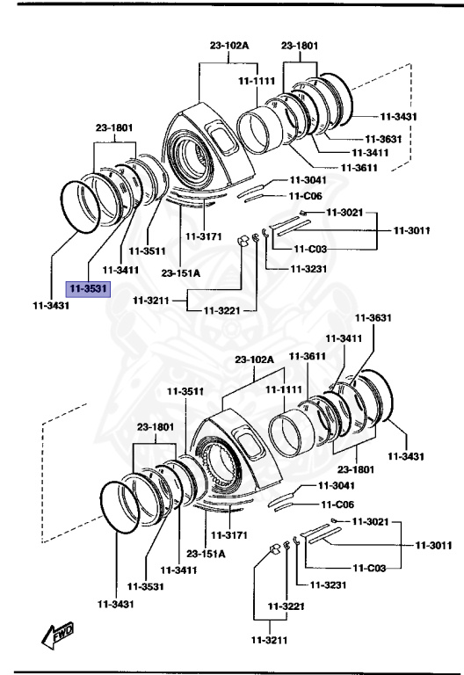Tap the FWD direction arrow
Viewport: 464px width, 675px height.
click(58, 630)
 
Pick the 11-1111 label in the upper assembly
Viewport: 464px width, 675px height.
click(257, 81)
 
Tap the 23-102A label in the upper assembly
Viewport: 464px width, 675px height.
click(229, 46)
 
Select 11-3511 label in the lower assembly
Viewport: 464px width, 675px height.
click(187, 390)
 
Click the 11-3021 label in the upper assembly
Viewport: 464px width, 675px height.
click(345, 213)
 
